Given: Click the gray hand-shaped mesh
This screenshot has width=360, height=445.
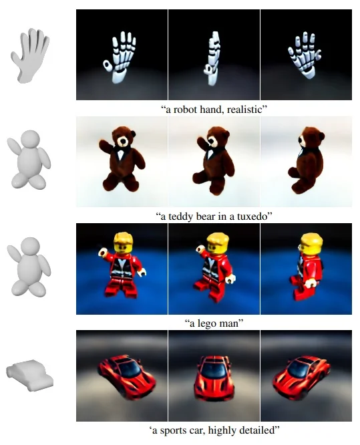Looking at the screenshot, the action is tap(30, 55).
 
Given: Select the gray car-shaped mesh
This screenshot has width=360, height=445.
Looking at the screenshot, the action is tap(29, 376).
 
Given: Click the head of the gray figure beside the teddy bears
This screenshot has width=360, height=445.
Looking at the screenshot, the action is tap(30, 138).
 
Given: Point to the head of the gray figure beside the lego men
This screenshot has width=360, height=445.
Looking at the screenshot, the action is tap(30, 246).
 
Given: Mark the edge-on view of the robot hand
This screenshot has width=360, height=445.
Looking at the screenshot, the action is tap(212, 58).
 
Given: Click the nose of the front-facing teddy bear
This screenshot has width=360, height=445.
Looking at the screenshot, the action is tap(123, 141).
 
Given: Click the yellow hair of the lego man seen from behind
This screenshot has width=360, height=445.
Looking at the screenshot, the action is tap(311, 239).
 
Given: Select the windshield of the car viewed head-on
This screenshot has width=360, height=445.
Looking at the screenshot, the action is tap(214, 369).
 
